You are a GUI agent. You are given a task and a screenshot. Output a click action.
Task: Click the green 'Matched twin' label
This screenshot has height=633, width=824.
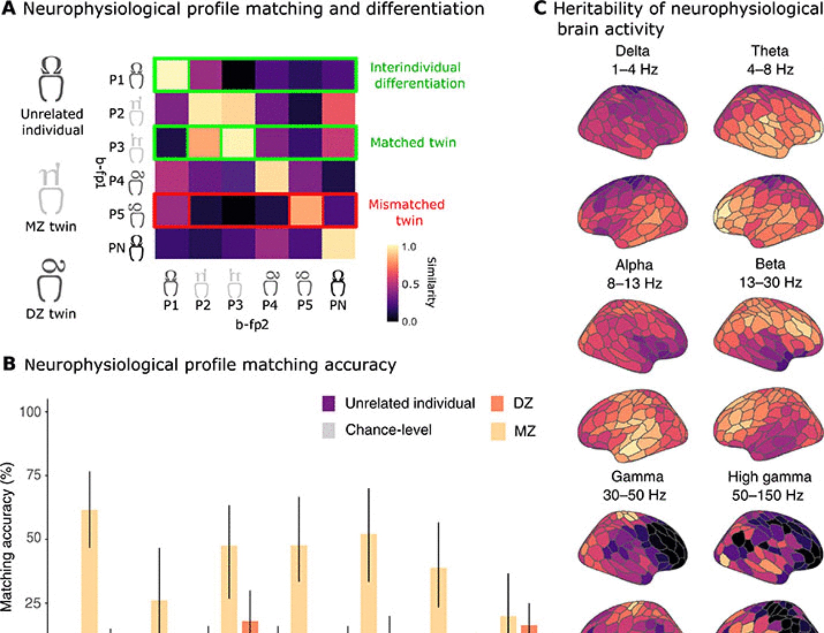[x=413, y=142]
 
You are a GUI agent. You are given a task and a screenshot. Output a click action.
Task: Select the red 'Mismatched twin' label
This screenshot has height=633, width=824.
[x=407, y=212]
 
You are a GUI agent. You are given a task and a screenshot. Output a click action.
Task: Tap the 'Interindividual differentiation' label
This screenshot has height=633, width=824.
[x=417, y=75]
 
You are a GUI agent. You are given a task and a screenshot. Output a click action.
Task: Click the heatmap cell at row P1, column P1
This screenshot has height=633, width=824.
[x=171, y=75]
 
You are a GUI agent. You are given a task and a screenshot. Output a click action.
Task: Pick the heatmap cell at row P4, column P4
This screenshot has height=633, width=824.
[x=272, y=177]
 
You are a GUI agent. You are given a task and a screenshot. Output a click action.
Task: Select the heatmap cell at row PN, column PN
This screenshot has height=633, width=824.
[x=338, y=244]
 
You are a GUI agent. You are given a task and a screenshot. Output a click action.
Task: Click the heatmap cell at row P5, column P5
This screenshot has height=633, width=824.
[x=305, y=210]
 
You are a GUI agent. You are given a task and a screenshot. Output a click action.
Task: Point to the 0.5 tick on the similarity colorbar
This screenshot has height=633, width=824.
[x=410, y=284]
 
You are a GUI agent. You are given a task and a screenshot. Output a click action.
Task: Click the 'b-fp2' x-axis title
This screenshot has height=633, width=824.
[x=252, y=325]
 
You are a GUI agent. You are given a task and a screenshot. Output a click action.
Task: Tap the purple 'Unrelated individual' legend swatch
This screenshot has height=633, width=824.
[x=328, y=403]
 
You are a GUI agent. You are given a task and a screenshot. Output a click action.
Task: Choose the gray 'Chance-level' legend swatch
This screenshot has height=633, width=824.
[x=328, y=431]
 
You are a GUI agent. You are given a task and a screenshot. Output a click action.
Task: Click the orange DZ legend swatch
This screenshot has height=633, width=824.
[x=497, y=403]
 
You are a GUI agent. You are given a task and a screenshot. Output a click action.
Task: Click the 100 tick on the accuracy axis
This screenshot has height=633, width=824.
[x=30, y=411]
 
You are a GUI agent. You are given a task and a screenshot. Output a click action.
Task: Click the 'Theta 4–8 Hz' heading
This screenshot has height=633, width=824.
[x=770, y=60]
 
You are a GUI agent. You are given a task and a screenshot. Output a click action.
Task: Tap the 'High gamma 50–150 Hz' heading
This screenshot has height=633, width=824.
[x=769, y=486]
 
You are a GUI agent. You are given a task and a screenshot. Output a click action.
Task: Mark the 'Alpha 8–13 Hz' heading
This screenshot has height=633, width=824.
[x=634, y=274]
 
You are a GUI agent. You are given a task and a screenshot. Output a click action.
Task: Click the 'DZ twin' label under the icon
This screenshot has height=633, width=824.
[x=51, y=314]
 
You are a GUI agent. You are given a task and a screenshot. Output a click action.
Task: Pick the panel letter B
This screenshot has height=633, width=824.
[x=9, y=364]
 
